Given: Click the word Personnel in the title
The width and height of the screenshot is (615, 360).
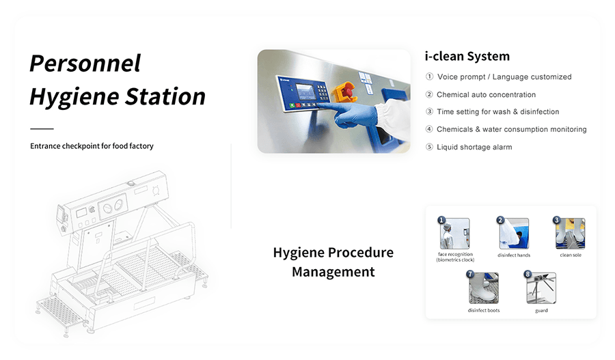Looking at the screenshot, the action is coord(85,63).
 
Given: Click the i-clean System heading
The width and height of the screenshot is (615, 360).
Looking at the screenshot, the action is coord(467,57).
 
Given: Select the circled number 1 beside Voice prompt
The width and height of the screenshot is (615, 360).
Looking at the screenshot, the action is coord(430,77).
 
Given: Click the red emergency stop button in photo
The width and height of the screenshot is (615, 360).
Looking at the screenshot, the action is coord(346,92).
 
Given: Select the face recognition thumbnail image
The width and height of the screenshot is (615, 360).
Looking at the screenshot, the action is coord(454,234).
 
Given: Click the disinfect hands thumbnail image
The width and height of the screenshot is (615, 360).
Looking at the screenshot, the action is coord(514,234).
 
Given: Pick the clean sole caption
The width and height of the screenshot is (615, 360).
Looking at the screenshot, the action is coord(571,255).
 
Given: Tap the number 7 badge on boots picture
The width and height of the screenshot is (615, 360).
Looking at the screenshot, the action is coord(470,274).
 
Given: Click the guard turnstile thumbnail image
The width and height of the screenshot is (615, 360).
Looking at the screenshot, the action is coord(541,289).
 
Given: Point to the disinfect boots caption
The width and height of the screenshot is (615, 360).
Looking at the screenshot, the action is coord(484,311).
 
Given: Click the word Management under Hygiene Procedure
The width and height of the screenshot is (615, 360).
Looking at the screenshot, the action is coord(333,272).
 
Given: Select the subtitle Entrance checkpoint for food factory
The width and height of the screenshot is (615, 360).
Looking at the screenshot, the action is coord(92,146).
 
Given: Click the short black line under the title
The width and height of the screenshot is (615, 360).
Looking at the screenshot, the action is coord(42,128).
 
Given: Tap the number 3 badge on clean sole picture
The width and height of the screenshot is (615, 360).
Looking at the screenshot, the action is coord(556,220).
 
